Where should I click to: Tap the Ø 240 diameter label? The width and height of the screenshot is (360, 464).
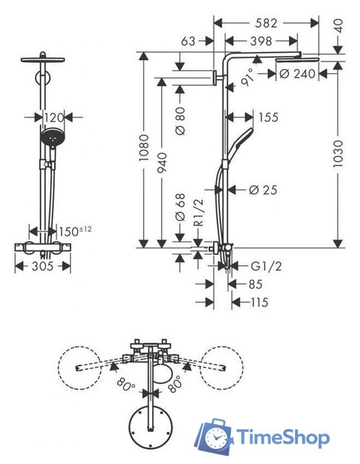tap(296, 72)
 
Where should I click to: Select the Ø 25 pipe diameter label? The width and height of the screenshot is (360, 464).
tap(263, 190)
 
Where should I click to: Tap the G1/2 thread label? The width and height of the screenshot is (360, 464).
tap(265, 267)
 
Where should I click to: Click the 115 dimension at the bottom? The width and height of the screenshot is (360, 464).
tap(259, 302)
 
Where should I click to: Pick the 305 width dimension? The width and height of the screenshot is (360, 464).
tap(43, 267)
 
